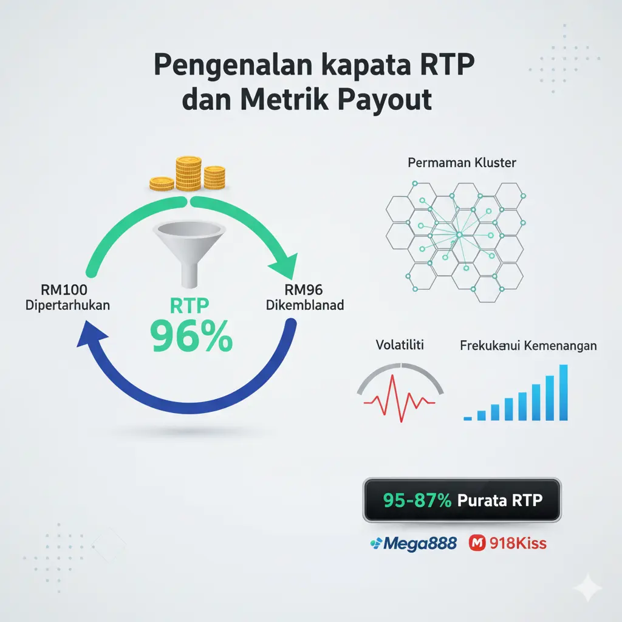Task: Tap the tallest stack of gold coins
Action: point(188,173)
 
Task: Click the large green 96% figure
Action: point(191,338)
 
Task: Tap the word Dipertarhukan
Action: point(67,305)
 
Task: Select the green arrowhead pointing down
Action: point(284,267)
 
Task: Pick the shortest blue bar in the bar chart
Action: point(468,418)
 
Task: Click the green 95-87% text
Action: point(417,501)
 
